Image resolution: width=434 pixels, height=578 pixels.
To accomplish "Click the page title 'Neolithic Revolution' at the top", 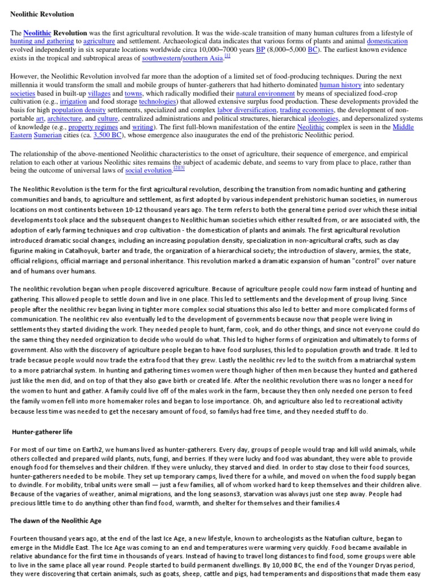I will pyautogui.click(x=42, y=14).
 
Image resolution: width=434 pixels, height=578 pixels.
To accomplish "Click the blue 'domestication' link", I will pyautogui.click(x=387, y=41).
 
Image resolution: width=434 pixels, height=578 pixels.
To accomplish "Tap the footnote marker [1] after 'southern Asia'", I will pyautogui.click(x=227, y=55).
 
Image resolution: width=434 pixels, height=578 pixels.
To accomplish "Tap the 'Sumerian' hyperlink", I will pyautogui.click(x=47, y=135).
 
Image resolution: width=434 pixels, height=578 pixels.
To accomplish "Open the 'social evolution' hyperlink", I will pyautogui.click(x=149, y=170).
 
